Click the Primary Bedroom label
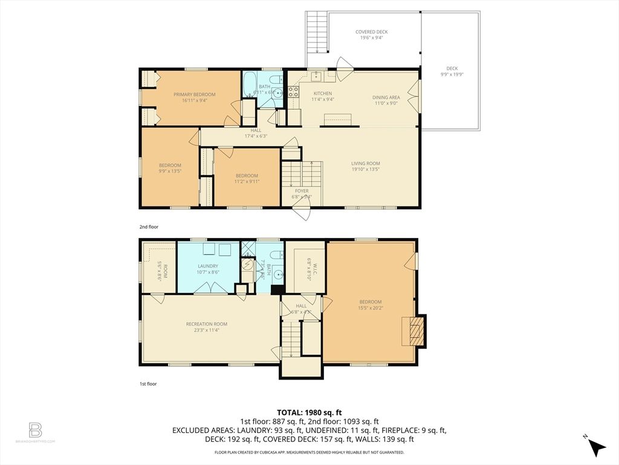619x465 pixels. click(194, 94)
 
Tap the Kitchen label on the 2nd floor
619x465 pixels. click(322, 93)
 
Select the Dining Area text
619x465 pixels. click(386, 97)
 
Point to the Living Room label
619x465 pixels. click(366, 163)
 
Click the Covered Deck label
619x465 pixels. click(371, 31)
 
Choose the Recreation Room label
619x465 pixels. click(206, 324)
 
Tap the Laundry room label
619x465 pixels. click(207, 266)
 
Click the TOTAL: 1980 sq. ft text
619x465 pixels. click(309, 412)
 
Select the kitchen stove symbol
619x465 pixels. click(293, 92)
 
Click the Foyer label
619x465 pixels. click(302, 191)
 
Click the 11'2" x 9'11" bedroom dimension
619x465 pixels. click(247, 181)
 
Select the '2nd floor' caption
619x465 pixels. click(148, 226)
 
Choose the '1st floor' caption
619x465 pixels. click(148, 383)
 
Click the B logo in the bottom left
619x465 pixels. click(36, 430)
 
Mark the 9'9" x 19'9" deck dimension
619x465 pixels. click(452, 74)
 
